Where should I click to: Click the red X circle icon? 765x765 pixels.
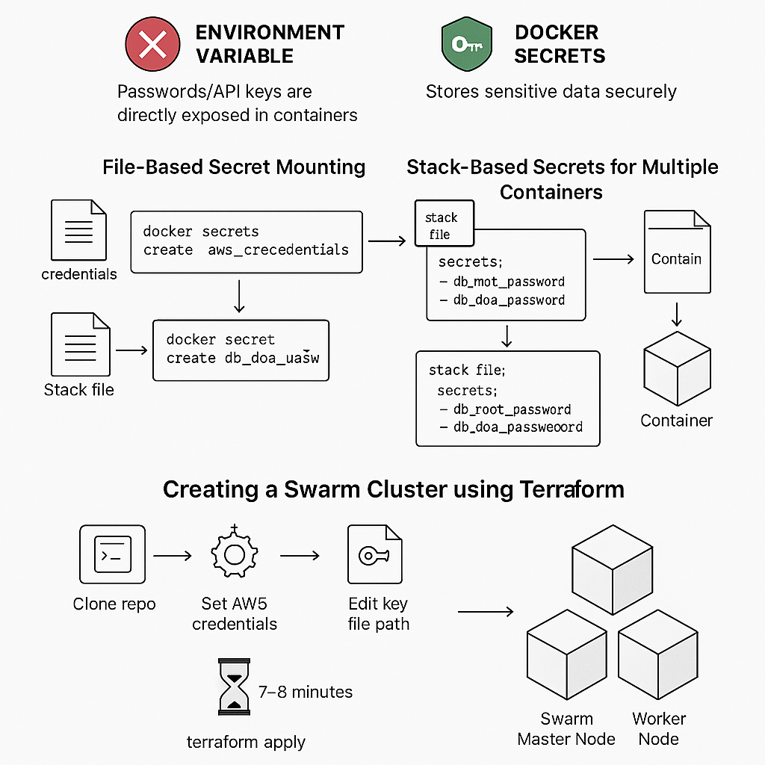click(x=152, y=45)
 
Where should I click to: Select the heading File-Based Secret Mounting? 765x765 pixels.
click(x=234, y=167)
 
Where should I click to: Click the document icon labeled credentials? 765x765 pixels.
click(x=78, y=230)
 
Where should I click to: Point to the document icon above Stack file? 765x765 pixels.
click(x=80, y=344)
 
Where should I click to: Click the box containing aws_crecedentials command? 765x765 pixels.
click(x=246, y=241)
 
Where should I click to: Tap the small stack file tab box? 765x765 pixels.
click(x=444, y=224)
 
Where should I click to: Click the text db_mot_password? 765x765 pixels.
click(x=501, y=282)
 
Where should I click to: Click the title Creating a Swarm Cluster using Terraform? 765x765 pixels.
click(x=393, y=489)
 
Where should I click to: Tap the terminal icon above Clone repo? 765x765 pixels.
click(x=113, y=554)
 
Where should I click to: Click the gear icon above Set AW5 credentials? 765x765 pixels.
click(x=234, y=554)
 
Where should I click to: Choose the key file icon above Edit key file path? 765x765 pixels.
click(x=374, y=554)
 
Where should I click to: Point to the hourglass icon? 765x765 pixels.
click(x=234, y=686)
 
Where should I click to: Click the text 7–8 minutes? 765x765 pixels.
click(x=305, y=692)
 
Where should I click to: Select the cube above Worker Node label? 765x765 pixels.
click(x=658, y=656)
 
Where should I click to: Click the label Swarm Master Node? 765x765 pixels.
click(x=566, y=728)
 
